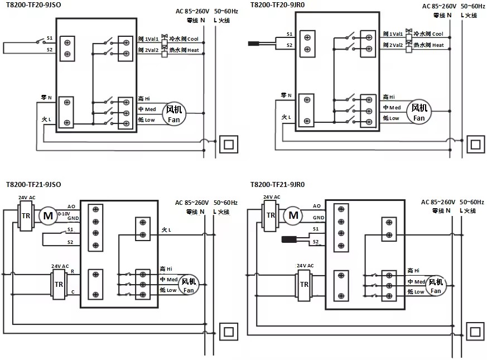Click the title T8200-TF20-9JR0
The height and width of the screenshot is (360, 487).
(278, 4)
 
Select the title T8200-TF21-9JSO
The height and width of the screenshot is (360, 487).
(33, 184)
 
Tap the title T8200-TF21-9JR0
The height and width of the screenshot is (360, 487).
(278, 184)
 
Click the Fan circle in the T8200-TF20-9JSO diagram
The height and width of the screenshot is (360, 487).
(174, 114)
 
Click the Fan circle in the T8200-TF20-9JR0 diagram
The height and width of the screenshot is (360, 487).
(419, 112)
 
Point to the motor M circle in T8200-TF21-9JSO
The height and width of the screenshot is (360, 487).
(48, 215)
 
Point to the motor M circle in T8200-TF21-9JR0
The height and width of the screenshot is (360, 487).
(293, 215)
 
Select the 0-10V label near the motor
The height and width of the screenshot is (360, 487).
(64, 214)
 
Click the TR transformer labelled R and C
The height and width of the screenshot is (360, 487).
(59, 284)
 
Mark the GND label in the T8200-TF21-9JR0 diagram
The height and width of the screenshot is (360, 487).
(319, 218)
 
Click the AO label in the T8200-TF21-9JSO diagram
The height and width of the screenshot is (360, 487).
(71, 207)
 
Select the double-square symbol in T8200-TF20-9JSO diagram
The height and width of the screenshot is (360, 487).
(229, 144)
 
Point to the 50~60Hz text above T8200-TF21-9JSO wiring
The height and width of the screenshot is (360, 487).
(225, 203)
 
